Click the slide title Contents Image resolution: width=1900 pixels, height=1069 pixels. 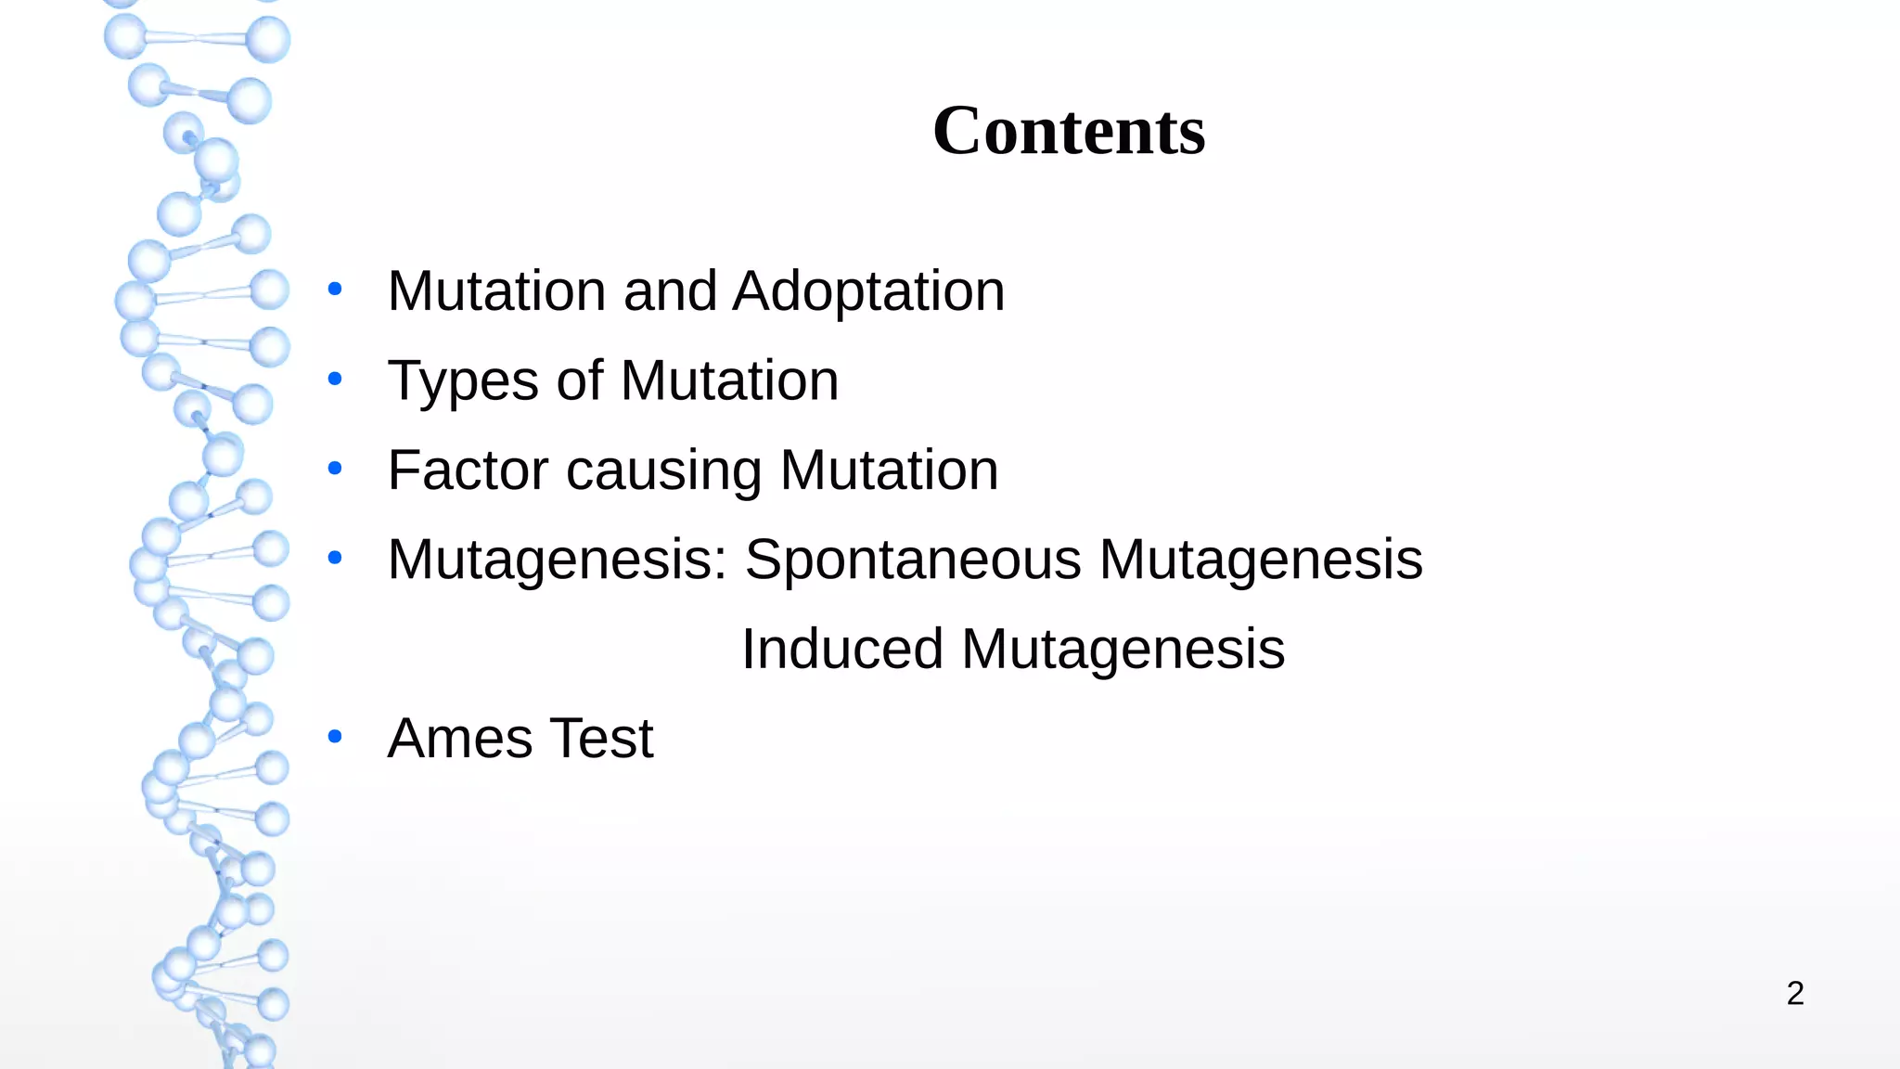coord(1069,131)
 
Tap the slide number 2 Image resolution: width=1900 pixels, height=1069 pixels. coord(1795,994)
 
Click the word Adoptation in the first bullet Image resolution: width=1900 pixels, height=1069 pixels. coord(868,291)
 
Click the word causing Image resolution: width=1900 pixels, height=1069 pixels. coord(664,470)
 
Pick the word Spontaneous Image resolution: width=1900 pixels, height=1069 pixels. coord(913,560)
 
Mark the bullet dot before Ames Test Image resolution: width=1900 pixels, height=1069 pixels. coord(335,738)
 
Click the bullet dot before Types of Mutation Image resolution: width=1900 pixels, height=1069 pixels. coord(335,379)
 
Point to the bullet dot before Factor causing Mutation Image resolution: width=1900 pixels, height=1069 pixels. coord(335,469)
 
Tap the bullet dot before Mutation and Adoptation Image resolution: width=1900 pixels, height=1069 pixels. coord(335,289)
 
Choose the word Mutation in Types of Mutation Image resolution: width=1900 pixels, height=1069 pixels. coord(729,381)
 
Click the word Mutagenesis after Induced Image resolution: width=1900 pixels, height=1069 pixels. coord(1123,649)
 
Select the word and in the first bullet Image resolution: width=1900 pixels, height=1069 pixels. coord(670,291)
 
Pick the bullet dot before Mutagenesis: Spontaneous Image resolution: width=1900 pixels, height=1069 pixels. coord(335,558)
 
